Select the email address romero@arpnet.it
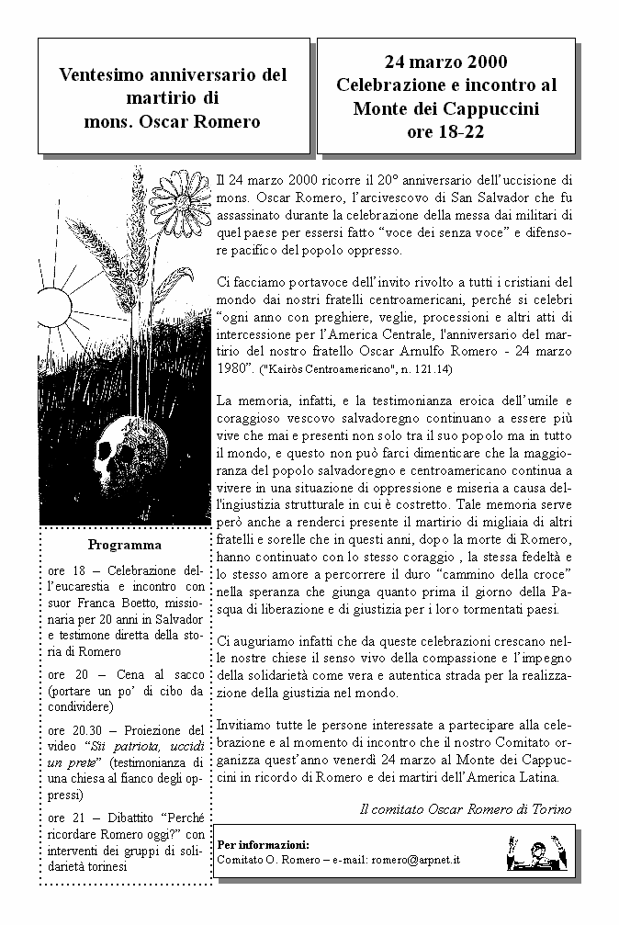[414, 860]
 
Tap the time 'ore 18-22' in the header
[445, 131]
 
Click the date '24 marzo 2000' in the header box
[445, 62]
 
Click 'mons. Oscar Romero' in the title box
[173, 121]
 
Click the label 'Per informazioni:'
[263, 844]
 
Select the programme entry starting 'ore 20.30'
[127, 762]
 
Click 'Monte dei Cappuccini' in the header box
[445, 108]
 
